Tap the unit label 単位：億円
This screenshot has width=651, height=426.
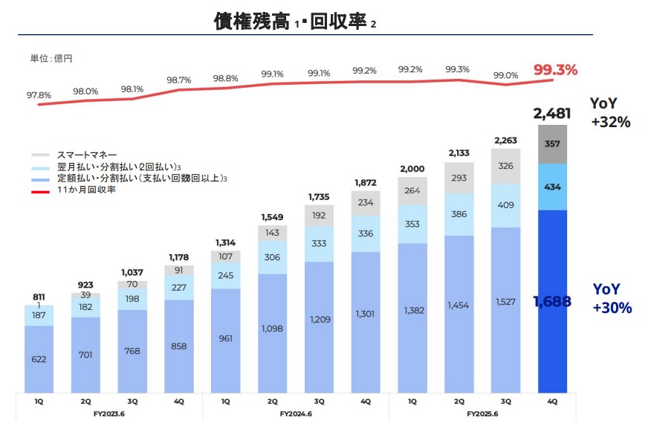[51, 57]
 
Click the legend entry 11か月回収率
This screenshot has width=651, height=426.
[86, 190]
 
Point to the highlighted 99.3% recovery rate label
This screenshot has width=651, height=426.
[555, 70]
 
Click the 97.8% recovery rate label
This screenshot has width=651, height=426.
[39, 95]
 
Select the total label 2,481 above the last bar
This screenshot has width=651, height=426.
[552, 114]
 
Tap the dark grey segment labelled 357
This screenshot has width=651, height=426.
[552, 143]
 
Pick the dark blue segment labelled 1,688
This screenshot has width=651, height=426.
[552, 301]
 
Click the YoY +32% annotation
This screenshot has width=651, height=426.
[610, 112]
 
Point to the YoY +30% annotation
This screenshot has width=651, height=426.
[612, 297]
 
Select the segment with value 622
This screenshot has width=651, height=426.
[39, 359]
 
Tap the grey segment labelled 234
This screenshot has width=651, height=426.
[366, 203]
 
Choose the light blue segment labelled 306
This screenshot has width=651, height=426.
[272, 257]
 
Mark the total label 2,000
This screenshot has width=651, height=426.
[412, 169]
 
